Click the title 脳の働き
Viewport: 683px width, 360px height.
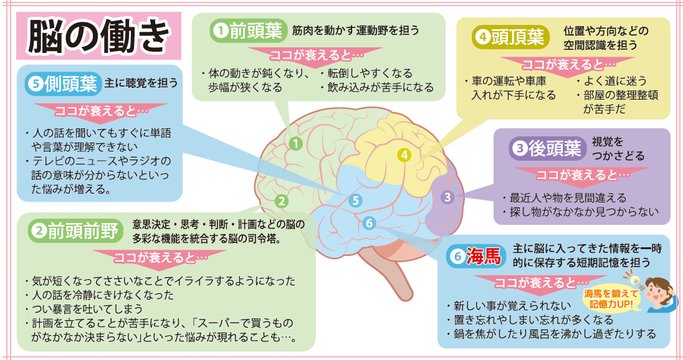point(98,37)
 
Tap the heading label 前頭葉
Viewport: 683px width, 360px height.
point(256,31)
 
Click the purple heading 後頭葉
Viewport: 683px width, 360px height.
point(555,149)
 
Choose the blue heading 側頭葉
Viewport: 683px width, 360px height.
point(70,83)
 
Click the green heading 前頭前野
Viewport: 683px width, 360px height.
point(83,230)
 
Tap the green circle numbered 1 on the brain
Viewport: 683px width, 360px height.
point(295,143)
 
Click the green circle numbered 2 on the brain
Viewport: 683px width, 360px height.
point(282,201)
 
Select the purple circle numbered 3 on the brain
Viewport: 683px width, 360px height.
point(447,197)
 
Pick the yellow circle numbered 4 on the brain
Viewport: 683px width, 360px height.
point(404,155)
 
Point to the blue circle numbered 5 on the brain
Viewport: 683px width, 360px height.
point(355,201)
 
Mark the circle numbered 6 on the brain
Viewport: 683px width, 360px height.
point(369,224)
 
